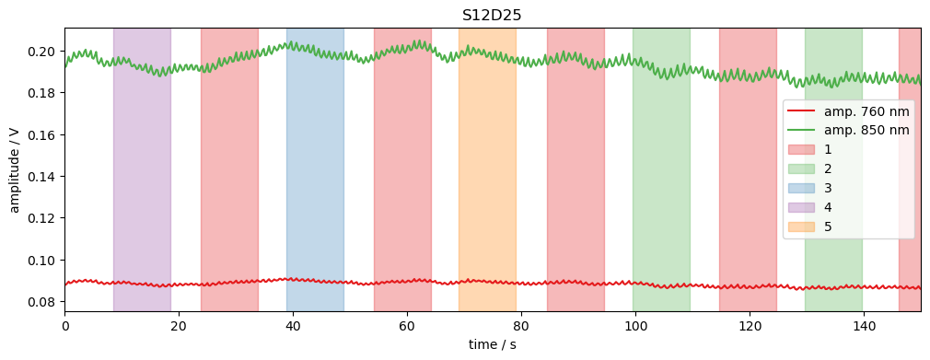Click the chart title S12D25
492,15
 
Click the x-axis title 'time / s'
492,344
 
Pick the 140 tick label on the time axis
864,325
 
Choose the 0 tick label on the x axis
64,325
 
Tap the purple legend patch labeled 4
801,207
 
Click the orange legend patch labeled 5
801,226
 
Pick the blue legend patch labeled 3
801,188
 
